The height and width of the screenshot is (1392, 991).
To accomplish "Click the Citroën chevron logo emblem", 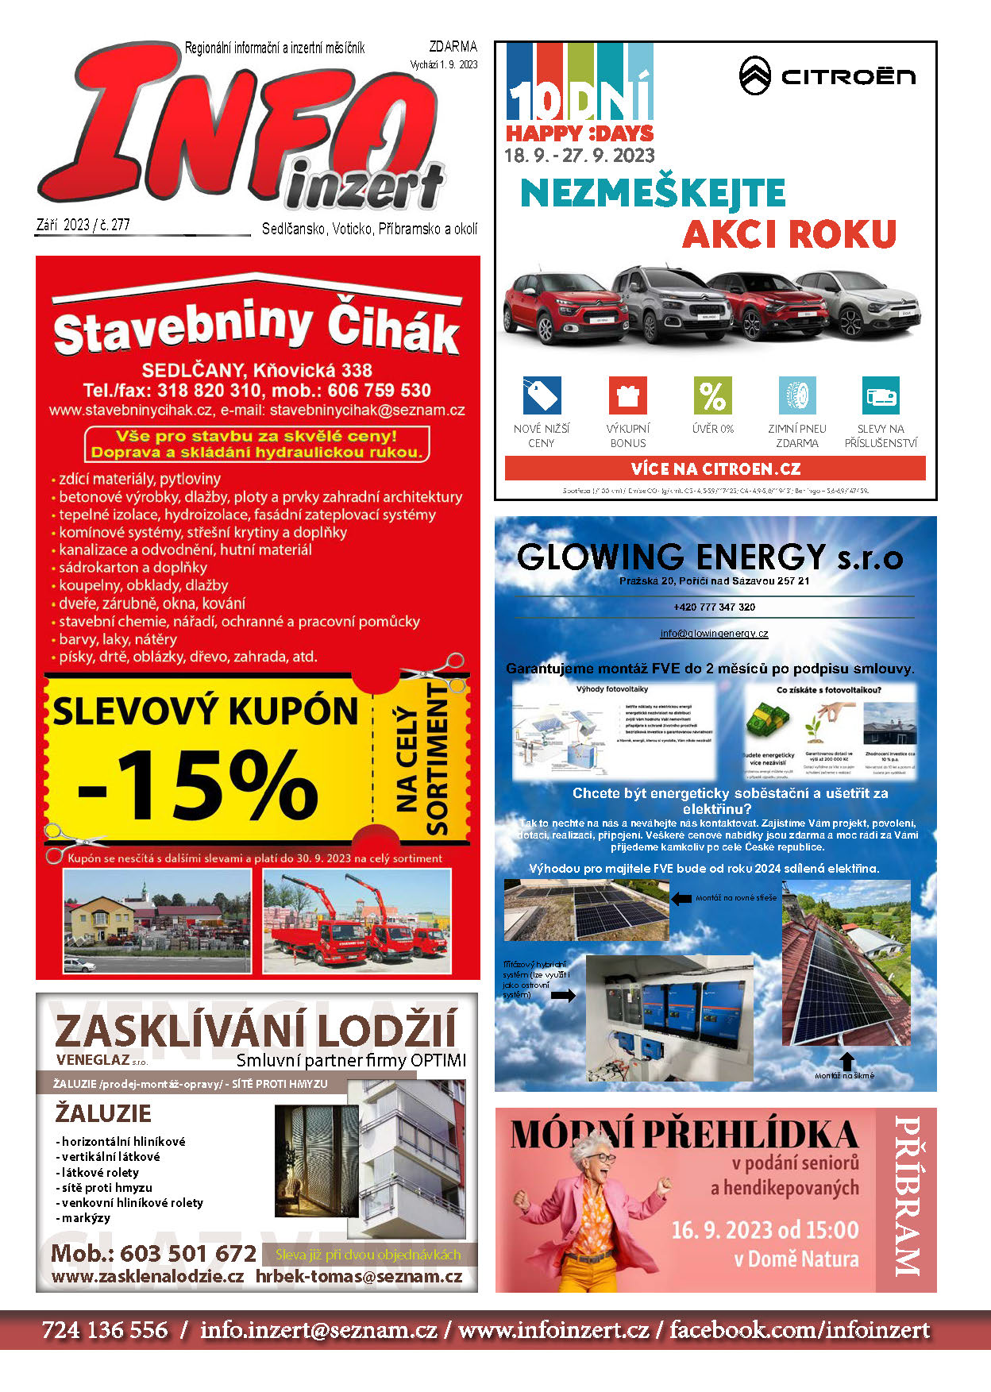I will (754, 76).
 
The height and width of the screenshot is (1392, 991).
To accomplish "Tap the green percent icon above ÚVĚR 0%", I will (712, 395).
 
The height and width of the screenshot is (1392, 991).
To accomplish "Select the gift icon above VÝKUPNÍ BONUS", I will (627, 395).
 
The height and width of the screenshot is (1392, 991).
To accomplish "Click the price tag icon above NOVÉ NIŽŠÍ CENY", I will (542, 395).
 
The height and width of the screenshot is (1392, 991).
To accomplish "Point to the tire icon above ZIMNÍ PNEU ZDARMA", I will (796, 395).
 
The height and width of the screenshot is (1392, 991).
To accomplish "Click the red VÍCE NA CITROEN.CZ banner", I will (715, 468).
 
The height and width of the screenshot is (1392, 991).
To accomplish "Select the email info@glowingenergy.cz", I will (714, 634).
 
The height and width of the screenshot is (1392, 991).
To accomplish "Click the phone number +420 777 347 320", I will (714, 607).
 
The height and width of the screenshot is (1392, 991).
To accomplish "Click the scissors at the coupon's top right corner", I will (435, 671).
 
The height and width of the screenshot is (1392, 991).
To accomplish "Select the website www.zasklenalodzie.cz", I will (148, 1276).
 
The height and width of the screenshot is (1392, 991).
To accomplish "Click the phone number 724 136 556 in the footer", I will (105, 1330).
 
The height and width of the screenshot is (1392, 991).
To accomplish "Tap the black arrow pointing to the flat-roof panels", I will (681, 898).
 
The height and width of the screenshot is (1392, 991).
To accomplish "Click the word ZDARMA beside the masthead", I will (453, 48).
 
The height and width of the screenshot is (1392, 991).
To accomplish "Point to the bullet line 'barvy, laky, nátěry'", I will (118, 639).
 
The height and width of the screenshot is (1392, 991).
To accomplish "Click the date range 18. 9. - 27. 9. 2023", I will (580, 156).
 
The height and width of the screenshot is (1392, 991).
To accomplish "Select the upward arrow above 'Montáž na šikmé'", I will (846, 1061).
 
